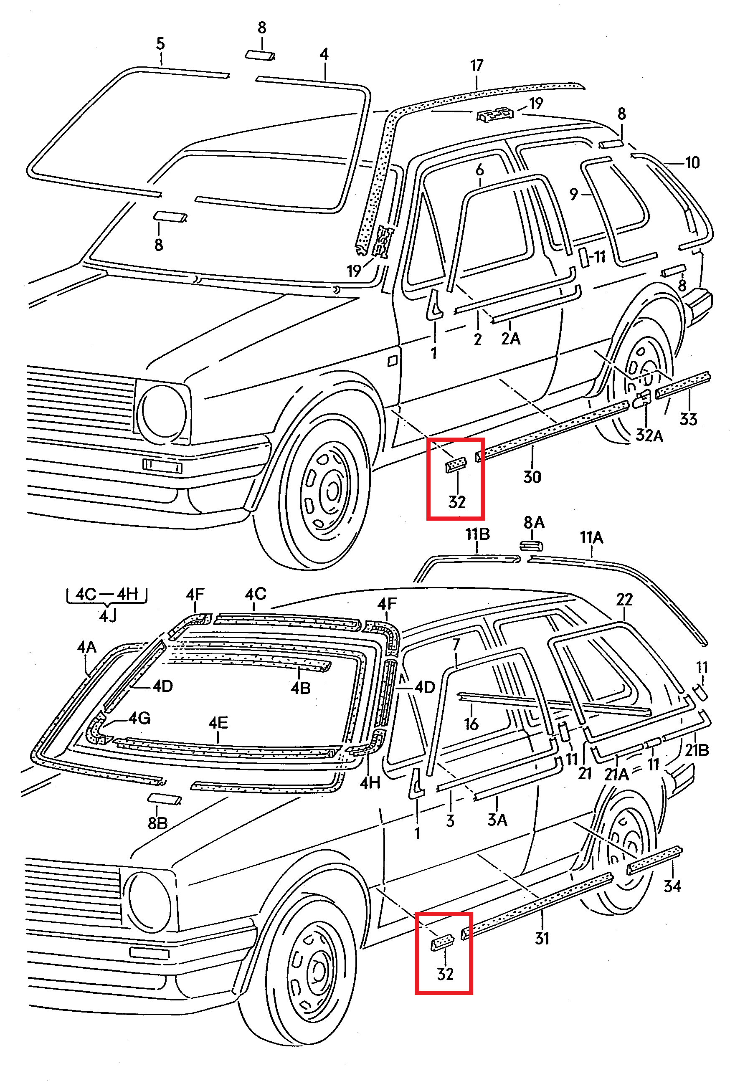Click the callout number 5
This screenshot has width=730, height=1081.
(160, 44)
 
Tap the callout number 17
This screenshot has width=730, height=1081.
(477, 66)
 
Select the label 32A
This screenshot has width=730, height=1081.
(649, 435)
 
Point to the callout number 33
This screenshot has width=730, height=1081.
(688, 419)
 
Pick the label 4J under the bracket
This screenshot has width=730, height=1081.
(107, 616)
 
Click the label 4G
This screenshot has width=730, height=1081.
(139, 719)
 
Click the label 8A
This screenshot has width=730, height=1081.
(534, 523)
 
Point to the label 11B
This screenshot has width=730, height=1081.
(477, 534)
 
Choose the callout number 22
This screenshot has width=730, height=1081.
(624, 600)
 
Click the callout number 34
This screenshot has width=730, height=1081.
(672, 886)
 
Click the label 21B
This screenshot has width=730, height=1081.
(697, 750)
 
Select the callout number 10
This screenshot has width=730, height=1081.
(692, 163)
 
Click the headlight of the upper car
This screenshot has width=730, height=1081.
(164, 412)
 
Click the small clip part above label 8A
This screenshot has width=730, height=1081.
(531, 545)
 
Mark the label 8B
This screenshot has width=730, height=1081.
(157, 823)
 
